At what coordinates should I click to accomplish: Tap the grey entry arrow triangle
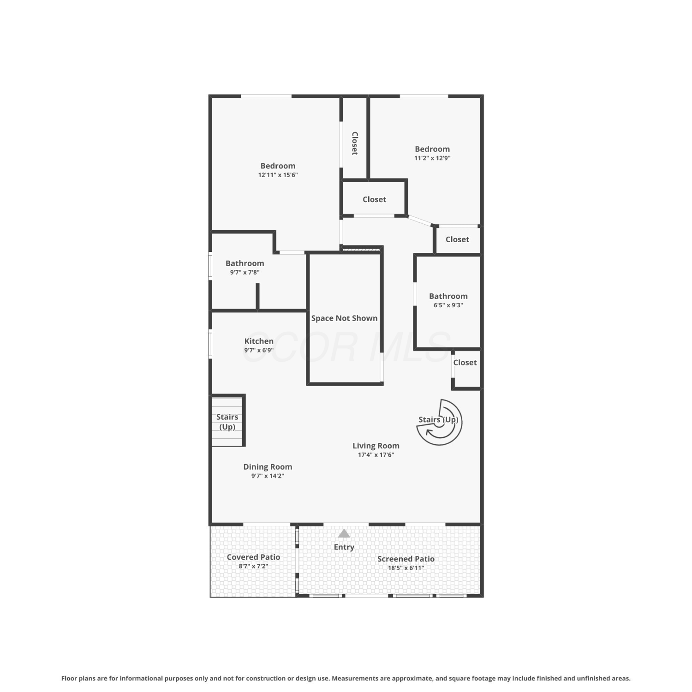click(344, 534)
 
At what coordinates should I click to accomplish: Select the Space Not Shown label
click(344, 318)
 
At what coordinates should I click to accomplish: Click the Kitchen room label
click(259, 341)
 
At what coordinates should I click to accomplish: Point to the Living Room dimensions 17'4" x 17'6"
click(376, 455)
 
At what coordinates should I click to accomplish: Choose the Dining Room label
click(268, 467)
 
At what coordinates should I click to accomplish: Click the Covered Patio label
click(253, 557)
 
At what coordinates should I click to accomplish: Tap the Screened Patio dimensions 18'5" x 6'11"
click(406, 568)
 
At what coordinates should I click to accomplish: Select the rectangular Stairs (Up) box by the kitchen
click(227, 420)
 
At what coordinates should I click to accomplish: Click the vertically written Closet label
click(355, 143)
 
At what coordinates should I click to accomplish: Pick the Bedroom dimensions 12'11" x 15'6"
click(278, 175)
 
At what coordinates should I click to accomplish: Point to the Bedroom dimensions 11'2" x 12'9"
click(432, 158)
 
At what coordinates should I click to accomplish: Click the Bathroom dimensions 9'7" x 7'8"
click(245, 272)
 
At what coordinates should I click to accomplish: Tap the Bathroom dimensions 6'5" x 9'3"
click(448, 305)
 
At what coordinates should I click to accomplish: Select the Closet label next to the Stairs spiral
click(465, 363)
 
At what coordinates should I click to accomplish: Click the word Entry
click(344, 547)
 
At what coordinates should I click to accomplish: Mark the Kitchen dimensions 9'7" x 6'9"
click(259, 350)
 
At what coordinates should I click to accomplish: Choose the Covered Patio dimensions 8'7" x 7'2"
click(253, 566)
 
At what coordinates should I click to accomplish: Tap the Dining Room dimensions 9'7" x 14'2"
click(268, 476)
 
